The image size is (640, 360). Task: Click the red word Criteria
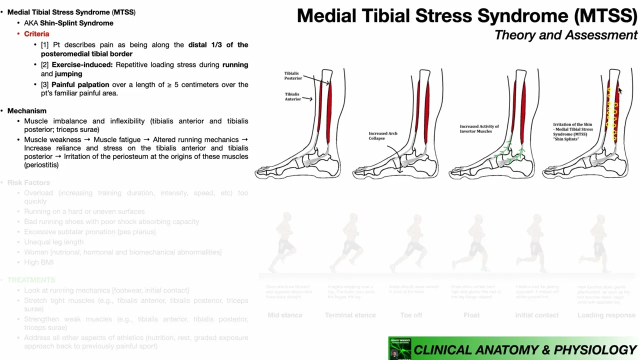36,33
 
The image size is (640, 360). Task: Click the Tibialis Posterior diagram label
293,75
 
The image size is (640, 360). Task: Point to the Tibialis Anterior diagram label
292,96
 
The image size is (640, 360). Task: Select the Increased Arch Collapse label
383,136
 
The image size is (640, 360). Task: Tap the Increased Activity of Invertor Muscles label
479,129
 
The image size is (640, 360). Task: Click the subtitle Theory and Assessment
565,35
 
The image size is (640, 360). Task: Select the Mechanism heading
27,110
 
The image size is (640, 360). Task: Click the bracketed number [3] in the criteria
45,84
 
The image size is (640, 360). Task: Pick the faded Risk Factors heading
28,182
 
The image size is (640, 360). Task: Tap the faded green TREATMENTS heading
31,280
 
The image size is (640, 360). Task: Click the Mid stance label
285,315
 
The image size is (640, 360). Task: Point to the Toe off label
411,315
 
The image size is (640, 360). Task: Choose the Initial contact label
537,315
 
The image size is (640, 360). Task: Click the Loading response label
606,315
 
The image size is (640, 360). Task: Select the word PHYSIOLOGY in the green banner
595,350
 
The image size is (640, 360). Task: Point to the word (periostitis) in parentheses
41,165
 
